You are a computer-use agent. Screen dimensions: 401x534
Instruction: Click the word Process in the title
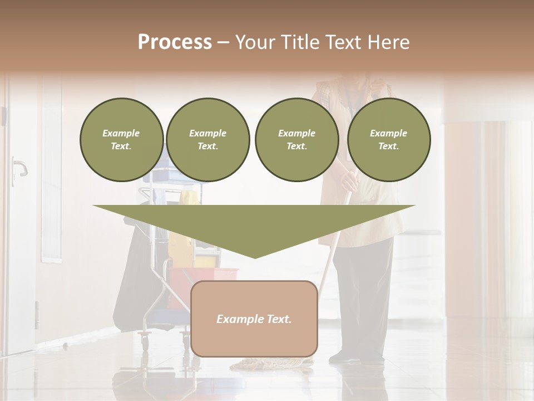click(x=175, y=42)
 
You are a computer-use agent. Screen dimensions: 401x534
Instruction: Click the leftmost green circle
click(x=121, y=140)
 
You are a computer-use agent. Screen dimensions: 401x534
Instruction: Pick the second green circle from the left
click(x=207, y=140)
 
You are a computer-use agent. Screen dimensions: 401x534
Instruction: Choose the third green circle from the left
click(x=296, y=140)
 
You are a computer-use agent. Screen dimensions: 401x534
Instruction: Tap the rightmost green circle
click(x=388, y=140)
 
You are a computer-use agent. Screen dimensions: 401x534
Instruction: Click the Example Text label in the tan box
click(x=254, y=319)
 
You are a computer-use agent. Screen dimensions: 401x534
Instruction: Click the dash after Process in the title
click(x=224, y=42)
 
